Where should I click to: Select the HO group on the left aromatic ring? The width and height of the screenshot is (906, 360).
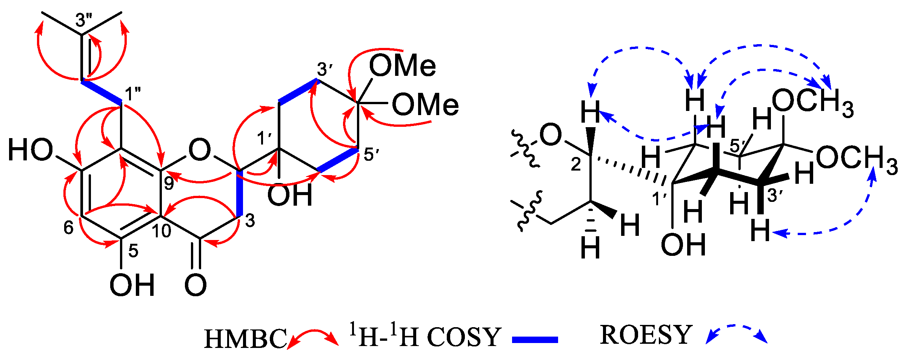[x=31, y=150]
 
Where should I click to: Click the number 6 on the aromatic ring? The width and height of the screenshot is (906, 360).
[x=68, y=228]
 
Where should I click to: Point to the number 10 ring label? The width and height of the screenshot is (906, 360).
[x=162, y=231]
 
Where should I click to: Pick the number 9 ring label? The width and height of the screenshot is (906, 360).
[x=169, y=184]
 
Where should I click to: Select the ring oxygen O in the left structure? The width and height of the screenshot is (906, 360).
[x=199, y=150]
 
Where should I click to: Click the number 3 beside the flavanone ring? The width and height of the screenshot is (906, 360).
[x=250, y=220]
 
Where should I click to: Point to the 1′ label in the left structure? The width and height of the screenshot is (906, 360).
[x=265, y=138]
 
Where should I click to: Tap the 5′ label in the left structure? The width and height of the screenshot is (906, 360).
[x=371, y=154]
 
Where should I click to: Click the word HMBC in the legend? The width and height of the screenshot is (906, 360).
[x=245, y=338]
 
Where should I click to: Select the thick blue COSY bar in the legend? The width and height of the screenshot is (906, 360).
[x=535, y=340]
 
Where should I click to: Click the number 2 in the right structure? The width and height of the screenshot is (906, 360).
[x=575, y=165]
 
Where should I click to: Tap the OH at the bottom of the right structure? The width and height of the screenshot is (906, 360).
[x=683, y=244]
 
